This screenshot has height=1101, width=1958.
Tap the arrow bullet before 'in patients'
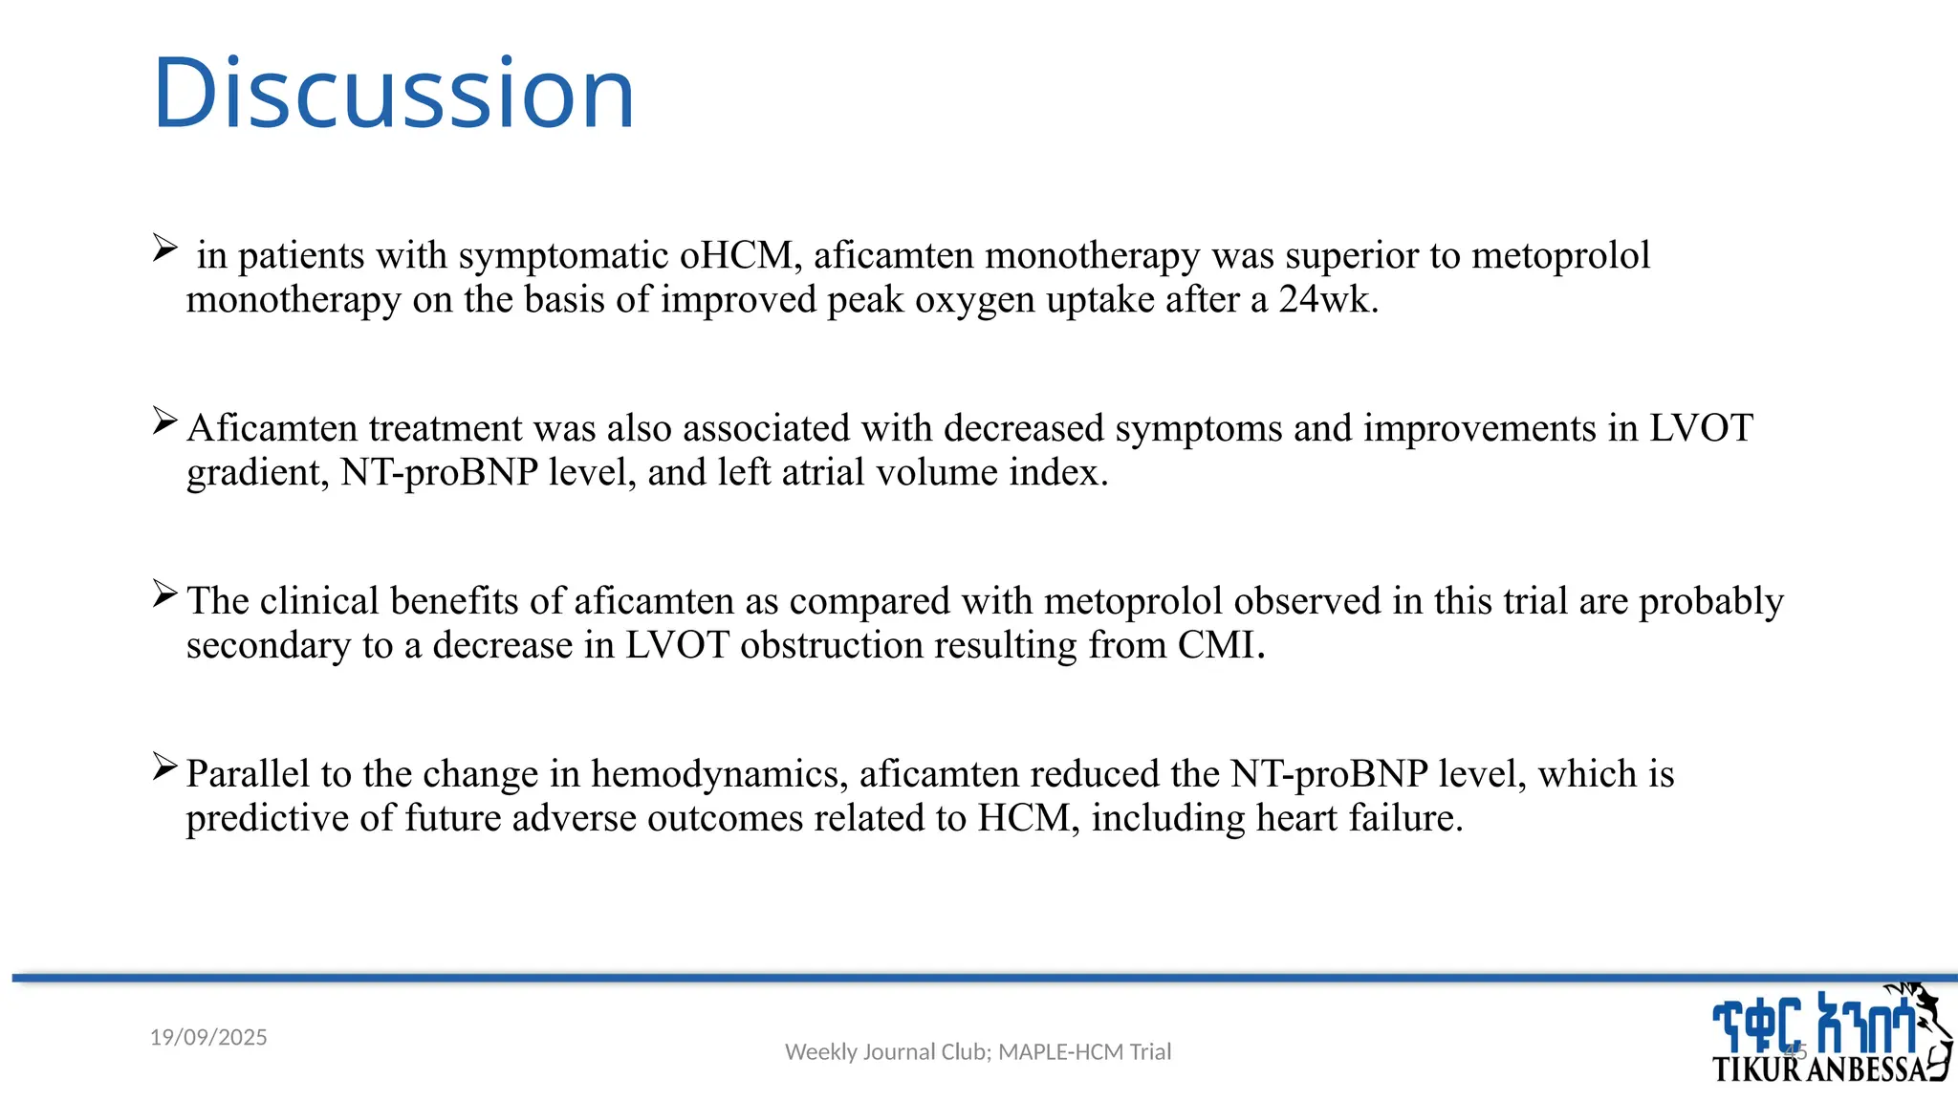(x=164, y=249)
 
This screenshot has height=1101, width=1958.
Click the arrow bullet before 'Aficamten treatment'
(x=164, y=421)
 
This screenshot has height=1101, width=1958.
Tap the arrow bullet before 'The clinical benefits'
(x=164, y=594)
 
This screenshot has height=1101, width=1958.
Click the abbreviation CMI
(x=1220, y=645)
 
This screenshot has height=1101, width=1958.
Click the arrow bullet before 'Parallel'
(x=164, y=766)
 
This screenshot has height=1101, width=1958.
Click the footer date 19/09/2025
(x=208, y=1037)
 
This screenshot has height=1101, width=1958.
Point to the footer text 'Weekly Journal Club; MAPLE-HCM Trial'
(x=977, y=1051)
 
